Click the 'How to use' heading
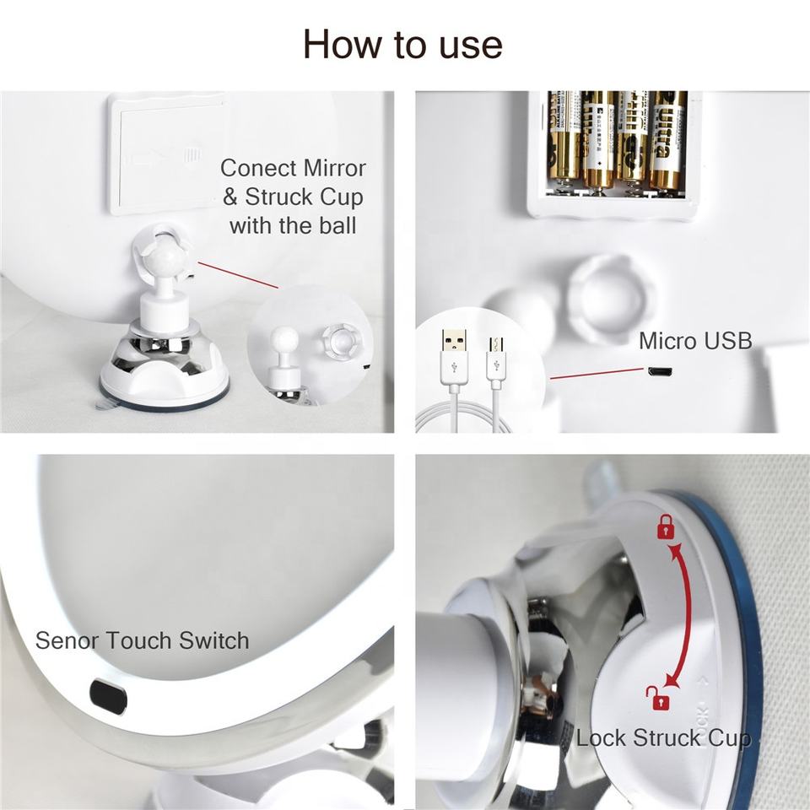coord(402,45)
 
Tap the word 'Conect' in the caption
coord(258,169)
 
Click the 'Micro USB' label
coord(695,341)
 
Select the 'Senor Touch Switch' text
coord(142,640)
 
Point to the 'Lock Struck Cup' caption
coord(664,738)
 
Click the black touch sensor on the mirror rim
coord(109,696)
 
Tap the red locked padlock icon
coord(666,526)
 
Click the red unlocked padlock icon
coord(657,698)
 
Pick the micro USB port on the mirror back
coord(660,371)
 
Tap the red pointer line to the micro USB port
coord(597,374)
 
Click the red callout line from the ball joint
coord(238,275)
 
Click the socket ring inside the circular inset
coord(340,340)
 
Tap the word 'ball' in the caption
coord(337,226)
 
